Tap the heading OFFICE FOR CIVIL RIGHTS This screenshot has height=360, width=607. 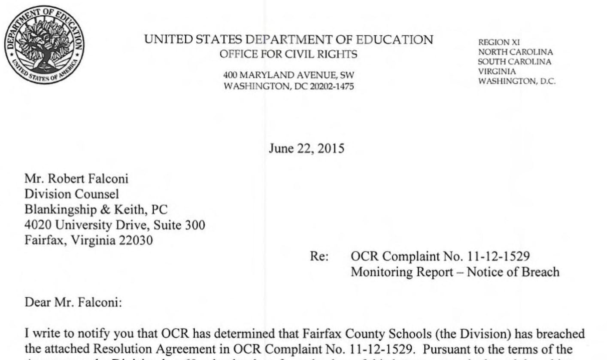click(x=288, y=55)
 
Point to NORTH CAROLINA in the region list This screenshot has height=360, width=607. click(x=515, y=52)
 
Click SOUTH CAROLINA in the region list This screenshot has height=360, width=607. click(x=515, y=61)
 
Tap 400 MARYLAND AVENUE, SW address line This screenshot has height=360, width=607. click(x=288, y=76)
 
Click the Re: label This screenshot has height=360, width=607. click(x=319, y=256)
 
